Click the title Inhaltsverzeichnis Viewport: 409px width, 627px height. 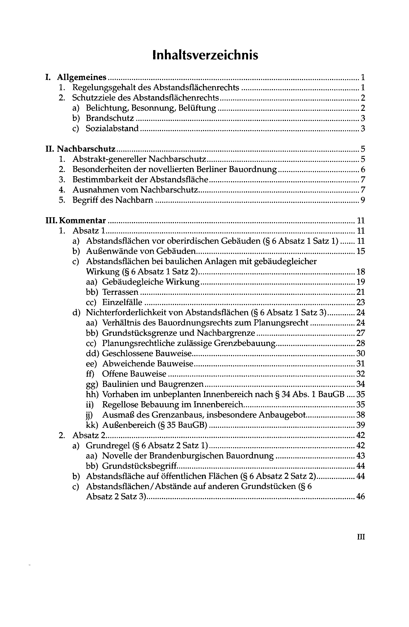coord(205,55)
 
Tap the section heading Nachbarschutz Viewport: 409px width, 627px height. coord(86,149)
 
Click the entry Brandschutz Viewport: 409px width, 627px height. coord(110,118)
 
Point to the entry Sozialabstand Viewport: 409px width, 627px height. coord(112,129)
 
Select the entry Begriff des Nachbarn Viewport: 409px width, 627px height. coord(113,200)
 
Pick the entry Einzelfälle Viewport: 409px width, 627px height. coord(122,302)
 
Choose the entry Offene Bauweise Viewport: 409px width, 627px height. coord(134,374)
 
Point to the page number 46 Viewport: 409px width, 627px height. coord(360,497)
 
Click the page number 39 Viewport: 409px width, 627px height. coord(360,425)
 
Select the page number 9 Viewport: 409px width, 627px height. coord(363,200)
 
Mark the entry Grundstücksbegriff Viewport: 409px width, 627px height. coord(139,466)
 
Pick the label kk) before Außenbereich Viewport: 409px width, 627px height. coord(92,425)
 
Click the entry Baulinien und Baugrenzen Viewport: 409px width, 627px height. coord(153,384)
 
